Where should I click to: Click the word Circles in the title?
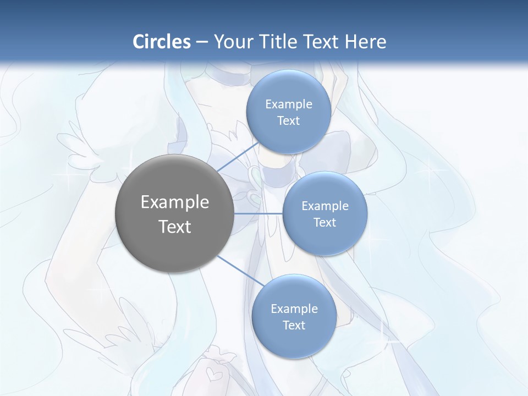point(162,42)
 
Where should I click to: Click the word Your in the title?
point(232,42)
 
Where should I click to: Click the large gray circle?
point(175,182)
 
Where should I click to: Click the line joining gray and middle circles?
point(258,213)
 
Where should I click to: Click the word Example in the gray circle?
point(175,202)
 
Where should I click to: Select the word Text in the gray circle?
point(175,227)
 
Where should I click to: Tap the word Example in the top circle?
point(289,105)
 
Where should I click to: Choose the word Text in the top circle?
point(288,121)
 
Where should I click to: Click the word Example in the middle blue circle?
point(325,206)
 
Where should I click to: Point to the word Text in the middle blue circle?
point(324,223)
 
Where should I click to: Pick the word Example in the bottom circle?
point(294,309)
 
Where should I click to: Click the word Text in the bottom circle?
point(294,326)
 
